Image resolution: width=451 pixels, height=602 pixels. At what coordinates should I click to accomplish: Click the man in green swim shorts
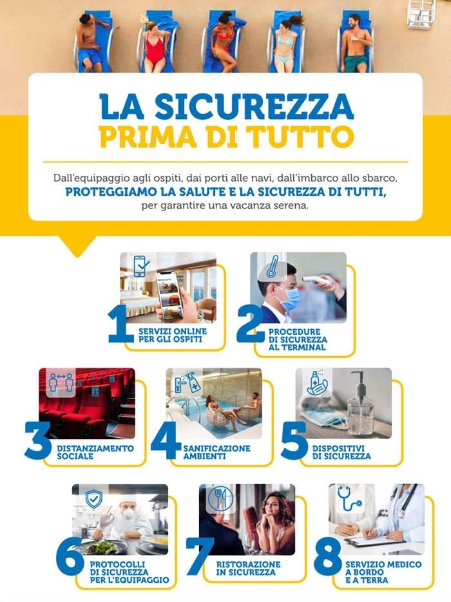(356, 45)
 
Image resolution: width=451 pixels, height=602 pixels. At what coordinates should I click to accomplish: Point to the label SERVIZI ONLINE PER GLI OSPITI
(169, 334)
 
